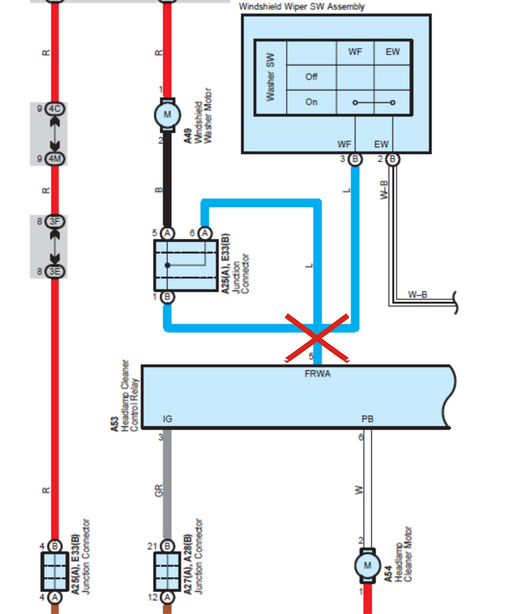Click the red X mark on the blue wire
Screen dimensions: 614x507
[x=317, y=339]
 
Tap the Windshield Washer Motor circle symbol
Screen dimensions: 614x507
[x=167, y=115]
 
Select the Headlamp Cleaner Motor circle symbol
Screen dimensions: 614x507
[x=367, y=566]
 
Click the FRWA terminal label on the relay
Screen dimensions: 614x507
[x=317, y=374]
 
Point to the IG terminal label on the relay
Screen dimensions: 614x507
[x=167, y=419]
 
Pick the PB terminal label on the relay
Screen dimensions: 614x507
[x=368, y=419]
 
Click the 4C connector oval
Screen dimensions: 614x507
[x=54, y=109]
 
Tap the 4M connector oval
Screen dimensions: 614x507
[x=54, y=158]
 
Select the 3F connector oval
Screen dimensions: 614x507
[x=54, y=222]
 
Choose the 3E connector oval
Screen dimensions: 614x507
[x=54, y=272]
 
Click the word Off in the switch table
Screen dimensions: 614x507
[x=312, y=77]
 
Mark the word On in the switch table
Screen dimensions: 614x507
[x=312, y=102]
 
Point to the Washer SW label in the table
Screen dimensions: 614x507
[x=270, y=77]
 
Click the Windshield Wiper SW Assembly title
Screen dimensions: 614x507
[x=302, y=7]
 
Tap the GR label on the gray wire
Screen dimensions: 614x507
[x=158, y=490]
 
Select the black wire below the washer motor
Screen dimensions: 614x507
[x=167, y=180]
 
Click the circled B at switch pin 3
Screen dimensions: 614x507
[x=355, y=159]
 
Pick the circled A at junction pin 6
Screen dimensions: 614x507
[x=204, y=233]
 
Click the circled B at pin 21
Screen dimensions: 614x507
[x=167, y=546]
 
